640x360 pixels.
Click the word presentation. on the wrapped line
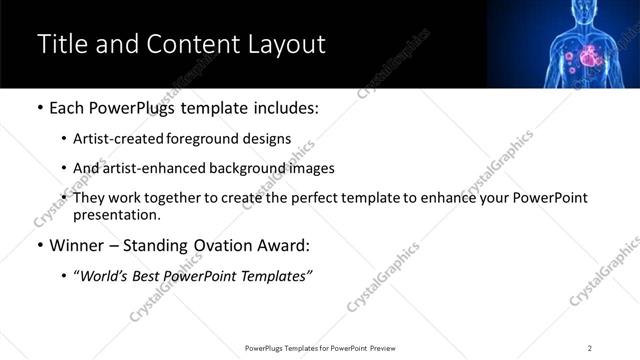[x=116, y=214]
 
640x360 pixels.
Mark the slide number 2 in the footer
[x=589, y=347]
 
